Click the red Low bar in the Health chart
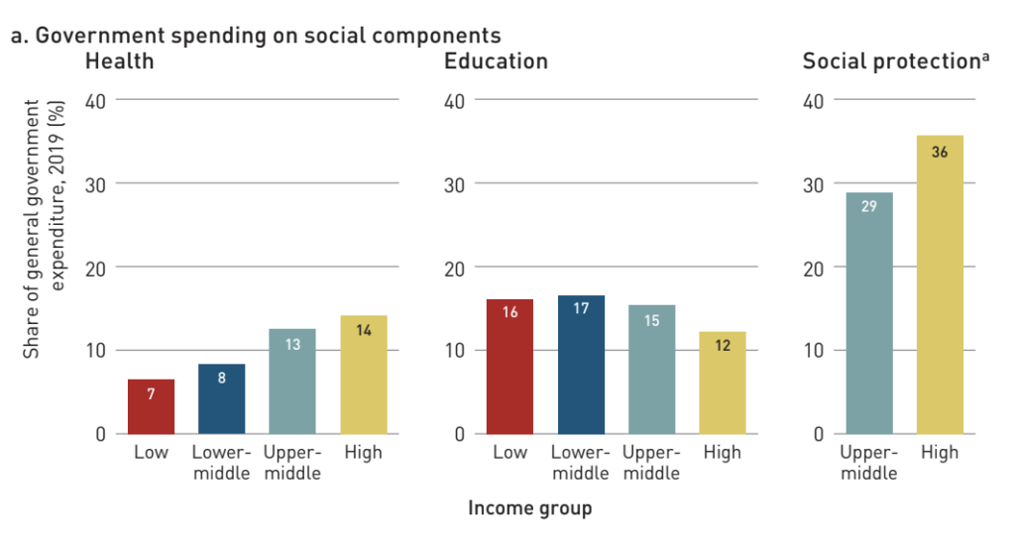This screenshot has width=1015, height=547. [151, 406]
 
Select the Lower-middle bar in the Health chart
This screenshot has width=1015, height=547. [222, 398]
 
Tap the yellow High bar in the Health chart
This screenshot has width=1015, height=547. [364, 375]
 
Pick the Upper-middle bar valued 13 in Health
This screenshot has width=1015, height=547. [292, 382]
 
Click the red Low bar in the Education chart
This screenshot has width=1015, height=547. [509, 367]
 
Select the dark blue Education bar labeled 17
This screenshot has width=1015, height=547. [581, 365]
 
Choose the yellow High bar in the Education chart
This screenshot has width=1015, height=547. [723, 383]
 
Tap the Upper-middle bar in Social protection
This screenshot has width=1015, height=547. [869, 313]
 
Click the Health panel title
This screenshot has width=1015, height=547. [119, 61]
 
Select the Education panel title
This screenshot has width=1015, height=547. [496, 61]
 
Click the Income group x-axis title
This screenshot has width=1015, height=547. [529, 508]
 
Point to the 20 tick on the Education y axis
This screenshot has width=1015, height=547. [455, 268]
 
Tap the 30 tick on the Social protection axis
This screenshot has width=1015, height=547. [814, 184]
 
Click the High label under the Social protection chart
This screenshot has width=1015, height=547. [940, 453]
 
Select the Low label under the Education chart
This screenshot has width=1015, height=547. [509, 453]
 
